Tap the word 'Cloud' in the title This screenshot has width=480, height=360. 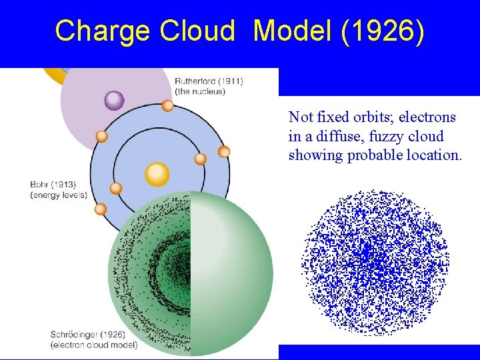click(197, 31)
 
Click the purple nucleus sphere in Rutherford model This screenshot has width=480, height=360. click(114, 100)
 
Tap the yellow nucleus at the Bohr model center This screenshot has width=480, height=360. click(157, 174)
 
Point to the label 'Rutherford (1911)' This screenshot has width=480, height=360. click(209, 81)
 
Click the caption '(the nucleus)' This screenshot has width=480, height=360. click(200, 91)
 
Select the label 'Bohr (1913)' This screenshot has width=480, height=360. click(53, 184)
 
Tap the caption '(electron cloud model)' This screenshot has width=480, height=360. click(93, 345)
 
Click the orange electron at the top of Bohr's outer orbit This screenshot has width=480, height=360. click(168, 105)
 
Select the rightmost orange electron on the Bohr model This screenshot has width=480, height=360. click(224, 151)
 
